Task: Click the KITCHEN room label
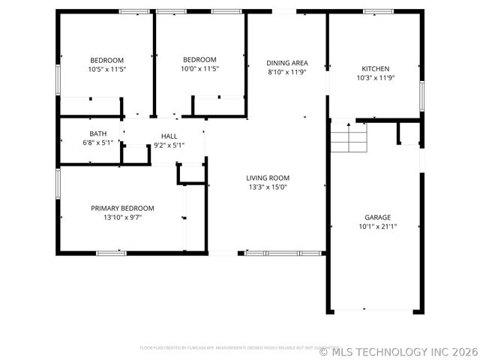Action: tap(375, 68)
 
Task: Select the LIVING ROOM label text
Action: tap(268, 178)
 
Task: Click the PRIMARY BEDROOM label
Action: tap(122, 208)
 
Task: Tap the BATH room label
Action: tap(98, 133)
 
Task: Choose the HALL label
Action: tap(169, 136)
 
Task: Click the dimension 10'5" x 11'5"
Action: tap(107, 69)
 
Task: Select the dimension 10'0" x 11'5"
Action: tap(199, 69)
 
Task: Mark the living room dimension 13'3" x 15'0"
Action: tap(268, 187)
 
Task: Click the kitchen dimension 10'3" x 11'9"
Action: tap(375, 77)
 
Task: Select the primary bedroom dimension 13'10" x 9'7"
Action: tap(122, 217)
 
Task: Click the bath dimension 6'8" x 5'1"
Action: tap(98, 142)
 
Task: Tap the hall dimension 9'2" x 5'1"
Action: tap(169, 145)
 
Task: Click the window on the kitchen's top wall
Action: tap(378, 11)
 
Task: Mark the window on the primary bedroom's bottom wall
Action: tap(110, 253)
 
